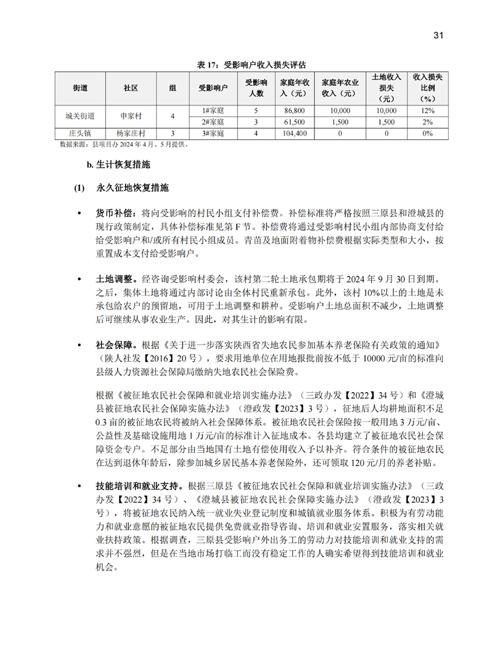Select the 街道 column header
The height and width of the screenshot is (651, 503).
coord(80,89)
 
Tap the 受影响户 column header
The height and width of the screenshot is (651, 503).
coord(213,89)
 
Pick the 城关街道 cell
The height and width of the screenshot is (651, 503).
coord(80,115)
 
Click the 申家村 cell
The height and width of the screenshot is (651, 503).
coord(131,115)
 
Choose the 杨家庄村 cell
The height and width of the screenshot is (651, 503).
coord(131,133)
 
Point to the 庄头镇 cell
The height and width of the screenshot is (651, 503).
coord(80,133)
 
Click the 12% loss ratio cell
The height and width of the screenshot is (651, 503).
coord(424,110)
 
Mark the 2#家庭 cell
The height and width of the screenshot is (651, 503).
coord(213,121)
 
